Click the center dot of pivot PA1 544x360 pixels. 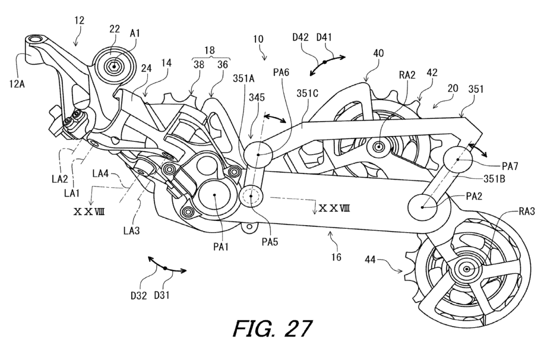tap(215, 195)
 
